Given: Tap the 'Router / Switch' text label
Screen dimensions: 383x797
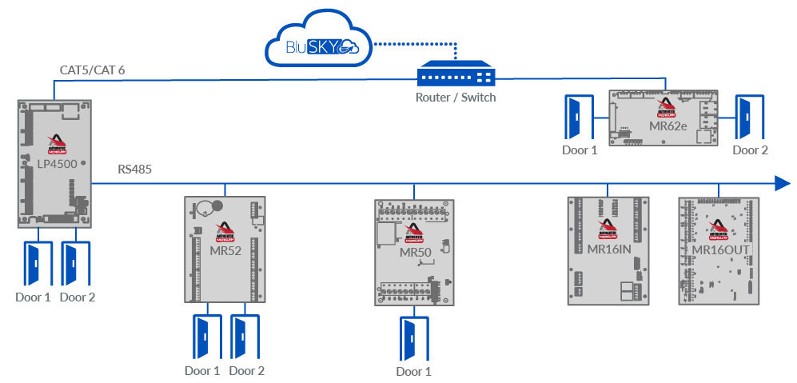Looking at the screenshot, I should pos(456,98).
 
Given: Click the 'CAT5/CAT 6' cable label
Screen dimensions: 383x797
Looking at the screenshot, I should pos(92,70).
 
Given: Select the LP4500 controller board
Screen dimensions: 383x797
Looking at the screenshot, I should pos(54,163).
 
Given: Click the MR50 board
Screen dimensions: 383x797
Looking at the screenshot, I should pos(414,253).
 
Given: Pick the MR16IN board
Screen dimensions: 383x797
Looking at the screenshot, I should pos(608,250).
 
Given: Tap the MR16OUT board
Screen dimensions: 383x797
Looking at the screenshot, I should pos(719,250).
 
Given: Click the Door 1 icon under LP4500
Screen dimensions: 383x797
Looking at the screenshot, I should pos(34,263).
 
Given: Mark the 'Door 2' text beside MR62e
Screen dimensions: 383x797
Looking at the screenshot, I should pos(751,150).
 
